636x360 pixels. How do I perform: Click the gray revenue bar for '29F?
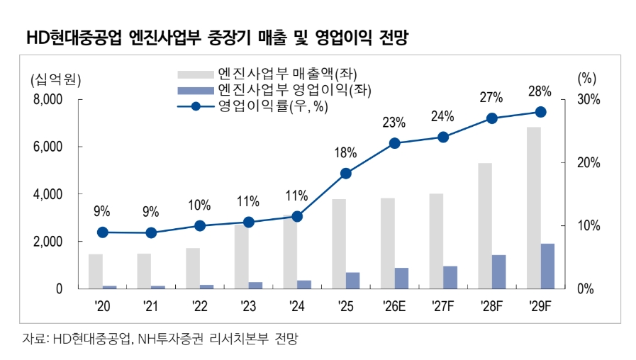[x=533, y=208]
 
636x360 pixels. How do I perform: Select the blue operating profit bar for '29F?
[x=547, y=266]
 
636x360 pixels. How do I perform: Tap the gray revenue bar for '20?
[x=96, y=271]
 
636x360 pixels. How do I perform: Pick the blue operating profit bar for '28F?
[x=499, y=272]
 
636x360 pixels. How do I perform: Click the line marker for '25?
[x=345, y=174]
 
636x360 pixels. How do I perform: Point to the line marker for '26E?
[x=395, y=143]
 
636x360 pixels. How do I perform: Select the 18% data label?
[x=345, y=153]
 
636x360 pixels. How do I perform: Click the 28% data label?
[x=540, y=91]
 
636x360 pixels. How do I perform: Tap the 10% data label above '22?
[x=199, y=205]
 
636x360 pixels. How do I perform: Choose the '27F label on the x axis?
[x=443, y=306]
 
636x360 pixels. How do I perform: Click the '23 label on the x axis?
[x=248, y=306]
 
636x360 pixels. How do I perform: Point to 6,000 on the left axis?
[x=48, y=147]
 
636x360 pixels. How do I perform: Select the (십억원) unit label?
[x=55, y=79]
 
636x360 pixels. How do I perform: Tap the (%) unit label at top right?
[x=587, y=78]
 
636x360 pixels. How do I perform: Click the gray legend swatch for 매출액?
[x=196, y=74]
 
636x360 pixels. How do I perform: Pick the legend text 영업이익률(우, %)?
[x=273, y=106]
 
